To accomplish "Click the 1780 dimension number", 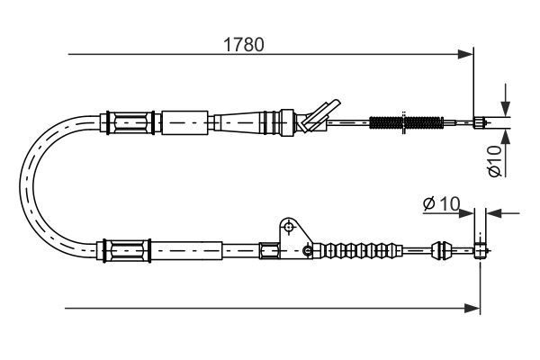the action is pyautogui.click(x=244, y=44).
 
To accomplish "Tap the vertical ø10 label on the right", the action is pyautogui.click(x=495, y=160).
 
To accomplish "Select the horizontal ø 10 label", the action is pyautogui.click(x=442, y=203).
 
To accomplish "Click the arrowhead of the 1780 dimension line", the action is pyautogui.click(x=465, y=54).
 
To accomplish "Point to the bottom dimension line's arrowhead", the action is pyautogui.click(x=472, y=309).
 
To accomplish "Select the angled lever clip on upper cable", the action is pyautogui.click(x=319, y=115).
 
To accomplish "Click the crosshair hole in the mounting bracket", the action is pyautogui.click(x=289, y=227).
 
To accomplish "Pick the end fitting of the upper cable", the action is pyautogui.click(x=480, y=122).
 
